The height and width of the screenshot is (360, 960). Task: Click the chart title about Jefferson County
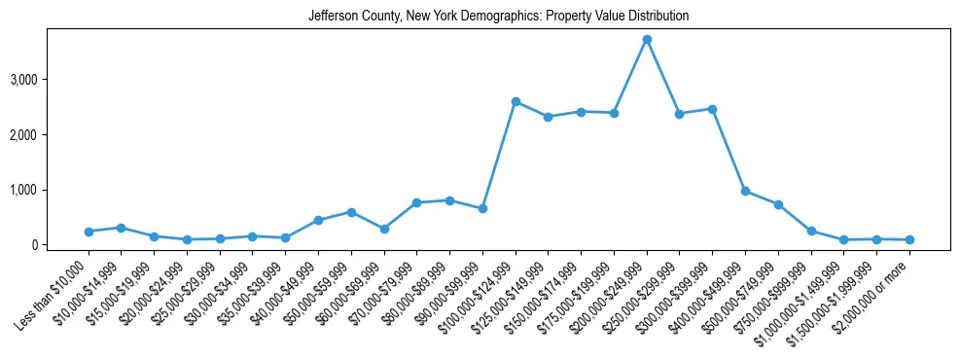(x=498, y=17)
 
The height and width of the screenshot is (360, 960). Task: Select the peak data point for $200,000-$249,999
(x=647, y=39)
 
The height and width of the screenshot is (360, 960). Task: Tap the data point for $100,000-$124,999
(x=516, y=101)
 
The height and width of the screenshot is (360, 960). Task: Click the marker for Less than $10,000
(x=89, y=232)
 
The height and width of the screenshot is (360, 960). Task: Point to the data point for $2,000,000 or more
(x=909, y=239)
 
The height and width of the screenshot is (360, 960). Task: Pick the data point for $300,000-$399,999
(x=712, y=109)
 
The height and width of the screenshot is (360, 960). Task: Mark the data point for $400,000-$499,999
(x=745, y=191)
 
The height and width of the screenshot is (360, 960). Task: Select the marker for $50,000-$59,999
(x=351, y=212)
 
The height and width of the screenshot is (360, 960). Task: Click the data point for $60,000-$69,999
(x=384, y=229)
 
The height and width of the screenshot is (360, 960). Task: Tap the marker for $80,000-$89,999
(x=449, y=200)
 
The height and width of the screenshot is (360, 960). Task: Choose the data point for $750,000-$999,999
(x=811, y=232)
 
